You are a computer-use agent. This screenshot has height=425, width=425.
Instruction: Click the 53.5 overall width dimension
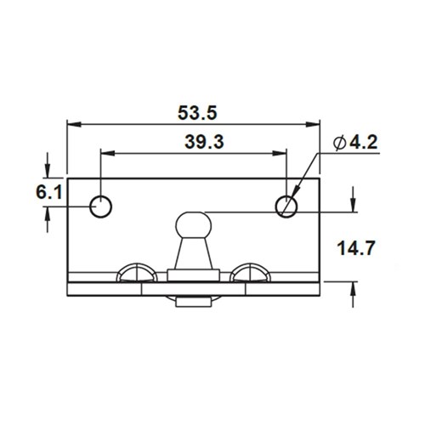tap(193, 111)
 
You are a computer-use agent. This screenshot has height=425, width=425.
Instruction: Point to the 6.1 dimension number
tap(48, 193)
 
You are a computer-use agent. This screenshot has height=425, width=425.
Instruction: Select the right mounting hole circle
tap(287, 204)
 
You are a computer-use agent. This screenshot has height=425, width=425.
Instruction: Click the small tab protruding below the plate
tap(195, 301)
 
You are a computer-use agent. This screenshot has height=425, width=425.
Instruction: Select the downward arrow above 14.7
tap(352, 203)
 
